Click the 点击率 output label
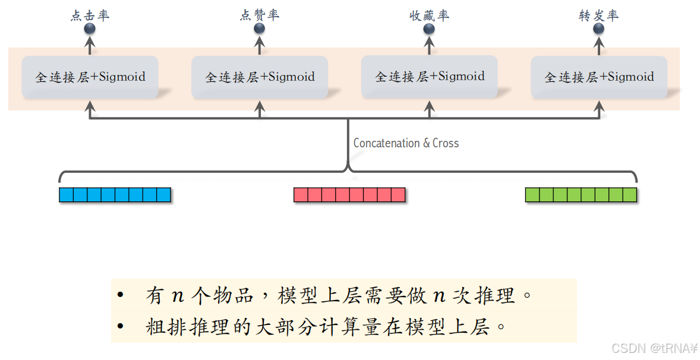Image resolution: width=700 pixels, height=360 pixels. pyautogui.click(x=90, y=15)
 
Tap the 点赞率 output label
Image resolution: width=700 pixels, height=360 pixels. pyautogui.click(x=259, y=15)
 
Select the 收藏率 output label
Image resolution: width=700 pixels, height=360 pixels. pyautogui.click(x=429, y=15)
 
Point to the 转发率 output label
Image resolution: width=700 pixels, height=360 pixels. pyautogui.click(x=598, y=15)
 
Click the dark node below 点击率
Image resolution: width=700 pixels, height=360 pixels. pyautogui.click(x=90, y=29)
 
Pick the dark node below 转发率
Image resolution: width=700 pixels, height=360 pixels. pyautogui.click(x=598, y=29)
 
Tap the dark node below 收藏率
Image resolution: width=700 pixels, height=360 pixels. pyautogui.click(x=429, y=29)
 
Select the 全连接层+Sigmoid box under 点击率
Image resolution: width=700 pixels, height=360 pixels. pyautogui.click(x=90, y=77)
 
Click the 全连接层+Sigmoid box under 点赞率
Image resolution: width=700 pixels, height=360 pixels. pyautogui.click(x=260, y=77)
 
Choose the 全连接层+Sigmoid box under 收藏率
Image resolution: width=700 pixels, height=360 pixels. pyautogui.click(x=430, y=77)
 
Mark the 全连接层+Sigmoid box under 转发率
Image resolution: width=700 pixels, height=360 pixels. pyautogui.click(x=599, y=77)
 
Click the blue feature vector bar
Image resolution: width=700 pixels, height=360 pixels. pyautogui.click(x=115, y=195)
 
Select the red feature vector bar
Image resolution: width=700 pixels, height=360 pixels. pyautogui.click(x=349, y=195)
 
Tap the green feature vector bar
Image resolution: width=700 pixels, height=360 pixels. pyautogui.click(x=581, y=195)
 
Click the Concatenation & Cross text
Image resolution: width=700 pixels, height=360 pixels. pyautogui.click(x=406, y=143)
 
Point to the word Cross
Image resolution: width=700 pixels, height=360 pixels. pyautogui.click(x=446, y=143)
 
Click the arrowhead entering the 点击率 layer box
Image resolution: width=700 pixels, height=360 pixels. pyautogui.click(x=90, y=106)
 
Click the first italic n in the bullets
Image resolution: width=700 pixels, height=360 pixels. pyautogui.click(x=178, y=295)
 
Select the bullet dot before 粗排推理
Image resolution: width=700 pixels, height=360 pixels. pyautogui.click(x=121, y=326)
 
